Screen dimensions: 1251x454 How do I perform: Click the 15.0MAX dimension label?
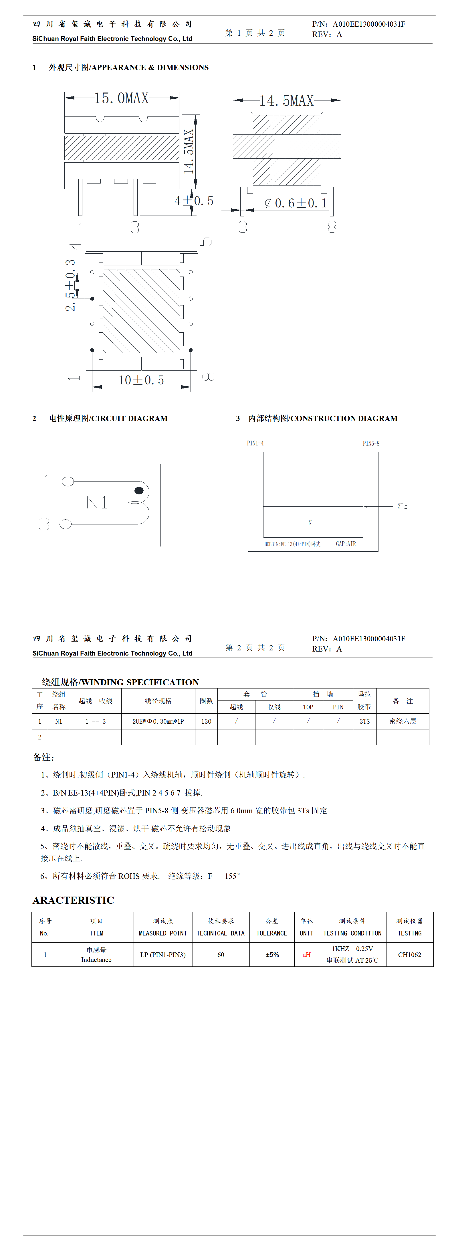tap(121, 98)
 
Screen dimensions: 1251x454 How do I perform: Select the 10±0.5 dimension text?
tap(141, 380)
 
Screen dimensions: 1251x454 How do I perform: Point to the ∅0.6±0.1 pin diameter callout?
tap(296, 203)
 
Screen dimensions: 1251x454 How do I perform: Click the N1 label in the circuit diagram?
tap(97, 503)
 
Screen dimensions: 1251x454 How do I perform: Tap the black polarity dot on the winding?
tap(139, 490)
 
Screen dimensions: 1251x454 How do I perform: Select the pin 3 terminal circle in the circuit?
tap(66, 524)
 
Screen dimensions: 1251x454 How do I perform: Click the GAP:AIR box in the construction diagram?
tap(346, 544)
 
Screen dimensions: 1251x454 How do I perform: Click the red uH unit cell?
tap(306, 955)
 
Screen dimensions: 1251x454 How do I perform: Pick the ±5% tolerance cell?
tap(272, 955)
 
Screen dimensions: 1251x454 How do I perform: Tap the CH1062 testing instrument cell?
tap(409, 955)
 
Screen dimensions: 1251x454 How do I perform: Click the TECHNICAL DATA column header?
tap(221, 933)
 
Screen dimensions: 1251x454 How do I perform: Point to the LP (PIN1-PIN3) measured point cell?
tap(163, 955)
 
